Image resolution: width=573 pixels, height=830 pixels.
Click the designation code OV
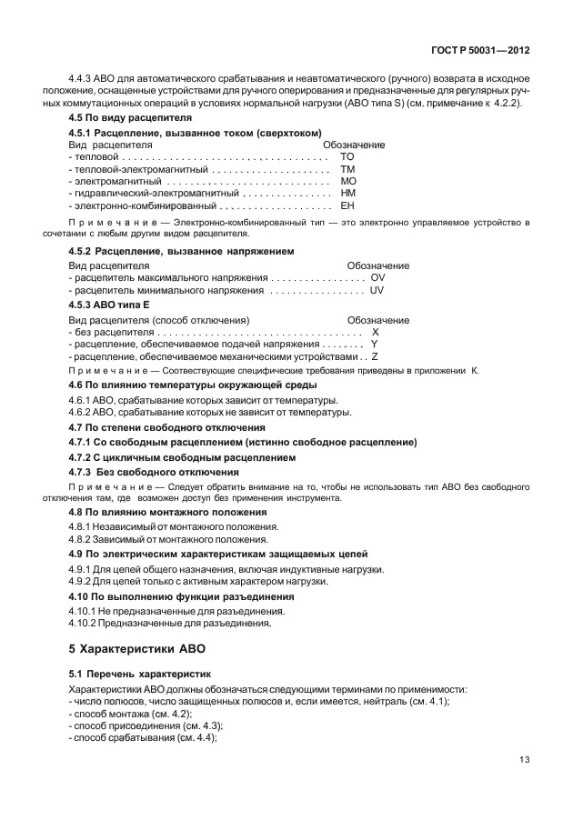378,277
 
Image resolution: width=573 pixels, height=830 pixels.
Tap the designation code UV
378,290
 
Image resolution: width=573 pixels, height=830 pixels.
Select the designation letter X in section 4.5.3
375,333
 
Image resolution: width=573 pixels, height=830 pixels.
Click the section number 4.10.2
87,625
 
